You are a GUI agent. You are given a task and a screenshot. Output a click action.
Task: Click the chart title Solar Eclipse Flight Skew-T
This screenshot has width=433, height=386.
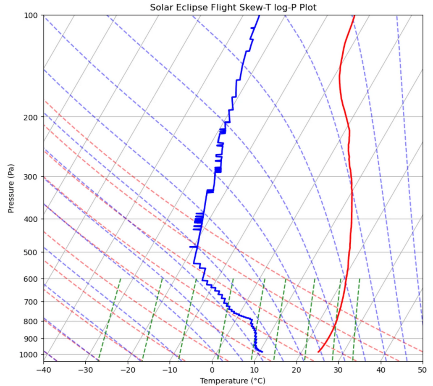click(x=233, y=8)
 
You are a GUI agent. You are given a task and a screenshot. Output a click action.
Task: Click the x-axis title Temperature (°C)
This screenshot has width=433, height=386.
click(x=233, y=381)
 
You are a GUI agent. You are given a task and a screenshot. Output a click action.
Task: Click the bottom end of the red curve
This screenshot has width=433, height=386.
click(x=319, y=352)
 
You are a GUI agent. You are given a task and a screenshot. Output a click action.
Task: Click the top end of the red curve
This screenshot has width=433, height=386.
click(x=354, y=16)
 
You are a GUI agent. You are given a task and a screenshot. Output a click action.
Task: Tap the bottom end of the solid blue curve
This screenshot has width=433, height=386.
click(x=262, y=352)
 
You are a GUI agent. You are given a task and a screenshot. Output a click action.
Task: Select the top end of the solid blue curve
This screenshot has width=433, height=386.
click(x=259, y=16)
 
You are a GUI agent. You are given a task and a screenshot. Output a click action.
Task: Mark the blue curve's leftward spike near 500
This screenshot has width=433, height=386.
click(x=191, y=247)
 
